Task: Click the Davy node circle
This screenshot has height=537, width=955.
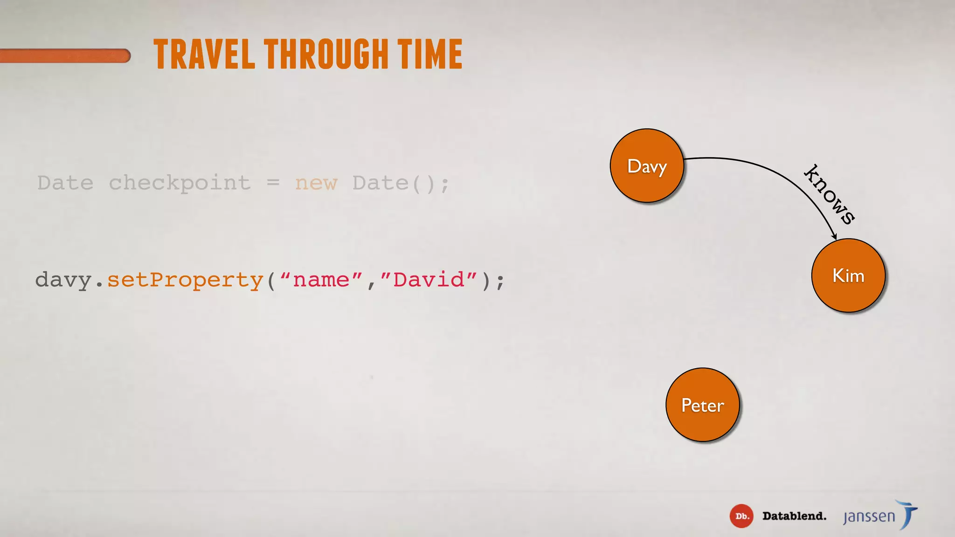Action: point(647,165)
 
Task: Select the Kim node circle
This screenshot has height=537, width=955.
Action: point(848,275)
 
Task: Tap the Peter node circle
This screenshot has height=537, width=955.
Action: point(702,405)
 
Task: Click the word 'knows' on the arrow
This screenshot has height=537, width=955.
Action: point(830,194)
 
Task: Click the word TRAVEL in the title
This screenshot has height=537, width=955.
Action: point(204,55)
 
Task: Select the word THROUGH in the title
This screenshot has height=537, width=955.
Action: point(326,55)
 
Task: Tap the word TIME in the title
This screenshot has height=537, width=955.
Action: point(430,55)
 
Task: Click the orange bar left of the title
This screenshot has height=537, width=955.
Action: point(65,56)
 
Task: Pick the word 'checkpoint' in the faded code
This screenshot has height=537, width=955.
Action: point(180,183)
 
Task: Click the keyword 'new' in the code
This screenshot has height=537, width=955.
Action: point(316,183)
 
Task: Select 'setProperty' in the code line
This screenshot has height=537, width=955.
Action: point(186,280)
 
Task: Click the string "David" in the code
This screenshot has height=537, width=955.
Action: point(429,280)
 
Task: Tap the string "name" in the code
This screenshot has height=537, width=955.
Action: point(321,280)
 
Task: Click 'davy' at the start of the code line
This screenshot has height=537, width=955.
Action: point(63,280)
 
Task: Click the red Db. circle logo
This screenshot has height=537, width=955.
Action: point(741,516)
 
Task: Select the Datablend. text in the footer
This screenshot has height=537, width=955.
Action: point(794,516)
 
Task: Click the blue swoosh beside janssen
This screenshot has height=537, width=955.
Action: point(908,514)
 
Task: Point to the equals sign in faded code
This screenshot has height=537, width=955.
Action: point(273,183)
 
